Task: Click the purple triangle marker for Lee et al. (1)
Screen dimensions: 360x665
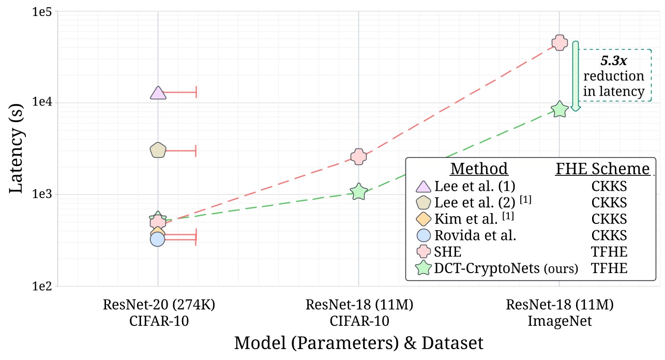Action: click(158, 93)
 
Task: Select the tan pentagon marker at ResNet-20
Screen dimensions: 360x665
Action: click(158, 150)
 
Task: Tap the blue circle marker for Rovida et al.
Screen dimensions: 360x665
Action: click(157, 239)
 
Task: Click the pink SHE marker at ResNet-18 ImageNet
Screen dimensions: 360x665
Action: click(559, 43)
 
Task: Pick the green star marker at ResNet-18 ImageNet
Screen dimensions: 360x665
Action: click(560, 109)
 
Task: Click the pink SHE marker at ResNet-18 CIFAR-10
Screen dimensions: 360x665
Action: click(358, 157)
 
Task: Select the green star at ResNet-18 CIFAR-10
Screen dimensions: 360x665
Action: click(358, 192)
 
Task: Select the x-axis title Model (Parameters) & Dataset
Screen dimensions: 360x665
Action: click(358, 343)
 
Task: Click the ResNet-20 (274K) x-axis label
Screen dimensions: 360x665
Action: click(158, 306)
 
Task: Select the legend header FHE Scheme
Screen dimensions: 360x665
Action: click(602, 169)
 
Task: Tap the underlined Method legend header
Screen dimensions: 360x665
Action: click(479, 169)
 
